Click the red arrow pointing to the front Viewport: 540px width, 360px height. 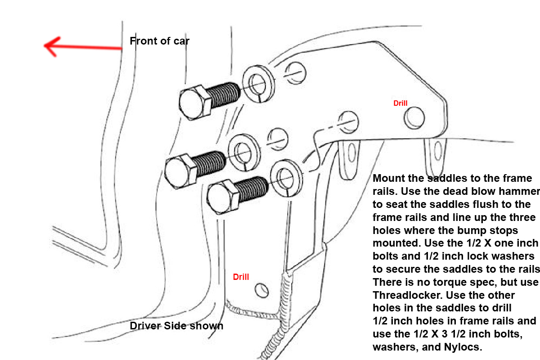pos(83,47)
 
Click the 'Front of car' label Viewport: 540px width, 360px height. pos(160,41)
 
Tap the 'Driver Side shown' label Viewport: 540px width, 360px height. pos(176,326)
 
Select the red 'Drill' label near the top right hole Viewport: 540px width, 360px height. pos(400,103)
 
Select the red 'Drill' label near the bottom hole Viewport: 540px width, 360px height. pos(241,277)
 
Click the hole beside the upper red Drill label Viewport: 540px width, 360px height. pos(414,117)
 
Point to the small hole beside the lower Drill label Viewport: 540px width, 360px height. pos(261,291)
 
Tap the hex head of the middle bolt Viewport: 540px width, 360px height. pos(180,171)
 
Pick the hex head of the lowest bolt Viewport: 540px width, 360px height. pos(222,197)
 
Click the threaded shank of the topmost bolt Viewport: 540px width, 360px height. pos(224,95)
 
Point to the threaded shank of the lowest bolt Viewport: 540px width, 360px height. pos(251,189)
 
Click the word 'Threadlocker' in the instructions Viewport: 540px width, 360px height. pos(408,295)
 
